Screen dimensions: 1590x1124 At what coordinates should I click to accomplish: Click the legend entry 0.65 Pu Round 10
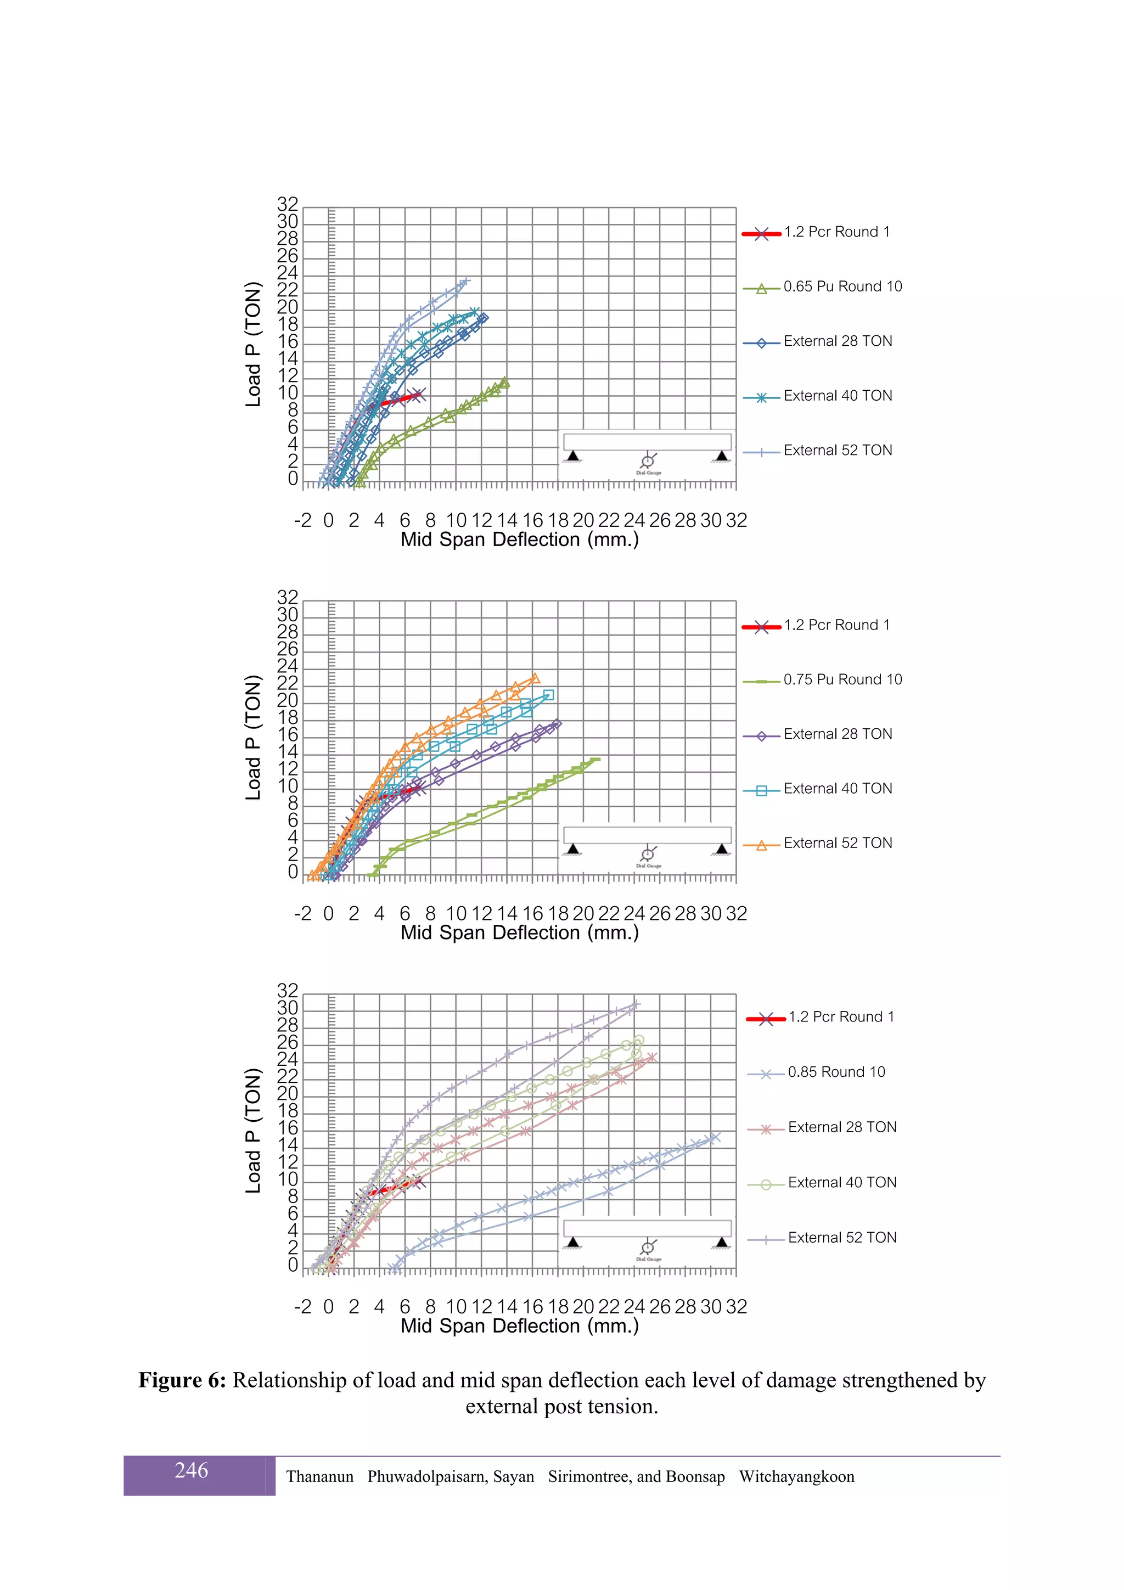[842, 286]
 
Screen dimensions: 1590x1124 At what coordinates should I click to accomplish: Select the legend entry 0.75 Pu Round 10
[842, 680]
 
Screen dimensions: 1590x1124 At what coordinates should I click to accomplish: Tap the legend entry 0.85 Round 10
[836, 1072]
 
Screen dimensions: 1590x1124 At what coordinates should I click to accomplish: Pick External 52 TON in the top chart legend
[838, 451]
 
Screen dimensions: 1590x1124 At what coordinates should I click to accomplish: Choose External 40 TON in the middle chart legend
[838, 789]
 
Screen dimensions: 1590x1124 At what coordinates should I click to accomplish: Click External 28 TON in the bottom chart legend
[841, 1127]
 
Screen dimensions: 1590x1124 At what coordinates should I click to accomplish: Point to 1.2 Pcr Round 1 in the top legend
[836, 232]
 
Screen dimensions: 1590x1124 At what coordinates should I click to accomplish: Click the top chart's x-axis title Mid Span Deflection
[519, 540]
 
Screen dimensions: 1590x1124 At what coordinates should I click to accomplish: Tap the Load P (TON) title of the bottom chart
[254, 1130]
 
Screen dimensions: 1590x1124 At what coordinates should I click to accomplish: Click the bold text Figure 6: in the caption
[182, 1380]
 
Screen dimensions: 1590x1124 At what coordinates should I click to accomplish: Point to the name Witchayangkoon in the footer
[796, 1476]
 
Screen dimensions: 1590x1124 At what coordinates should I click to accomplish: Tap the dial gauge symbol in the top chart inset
[648, 461]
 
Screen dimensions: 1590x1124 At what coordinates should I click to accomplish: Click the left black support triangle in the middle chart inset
[573, 849]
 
